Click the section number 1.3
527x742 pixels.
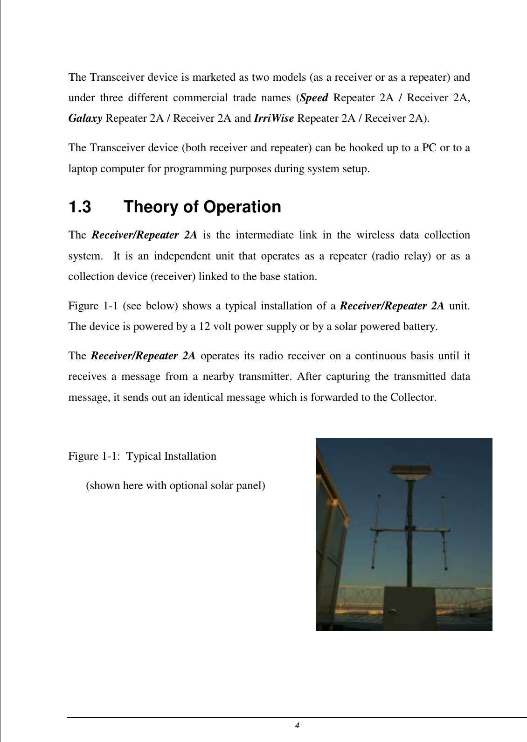coord(80,207)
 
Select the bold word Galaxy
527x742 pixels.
coord(85,118)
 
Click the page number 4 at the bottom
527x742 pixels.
coord(297,726)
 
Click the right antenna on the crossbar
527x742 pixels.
coord(444,532)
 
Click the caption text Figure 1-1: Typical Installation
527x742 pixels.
coord(142,456)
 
